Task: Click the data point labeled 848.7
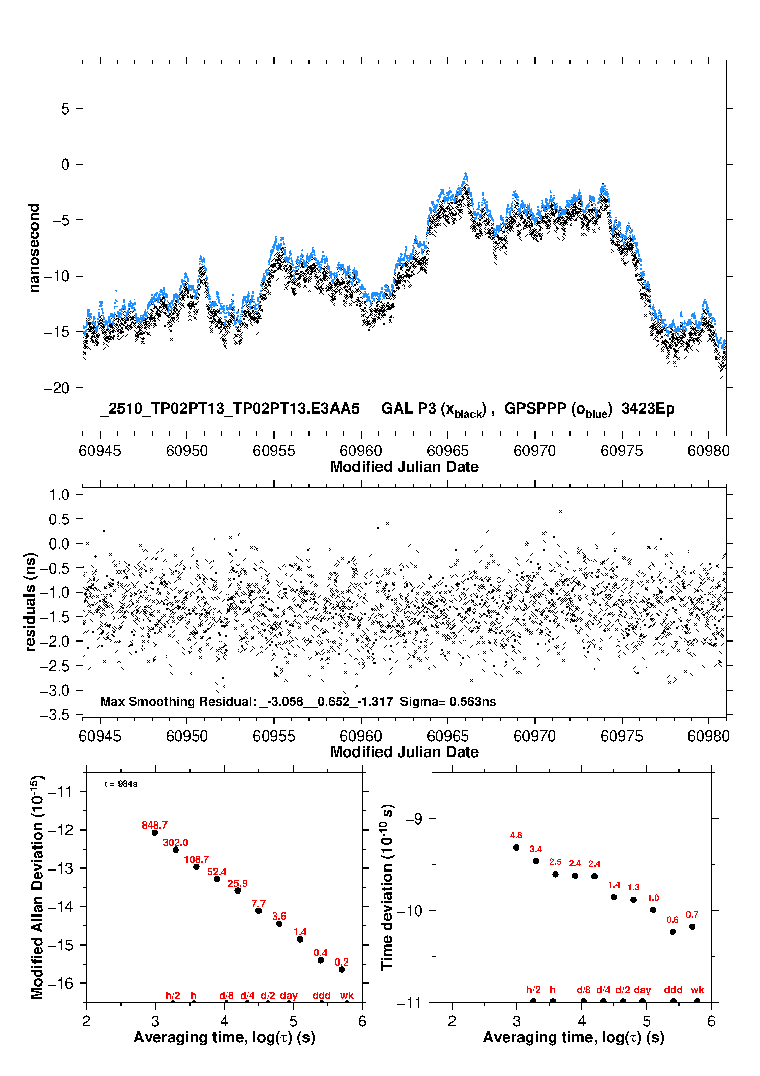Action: pos(155,832)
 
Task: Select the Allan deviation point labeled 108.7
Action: pos(196,866)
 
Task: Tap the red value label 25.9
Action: pos(237,883)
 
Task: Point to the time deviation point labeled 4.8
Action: pos(516,848)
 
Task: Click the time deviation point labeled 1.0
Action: pos(653,910)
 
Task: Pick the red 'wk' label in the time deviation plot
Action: pos(697,990)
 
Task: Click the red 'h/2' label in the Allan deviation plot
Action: pos(173,995)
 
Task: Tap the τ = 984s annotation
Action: pos(121,784)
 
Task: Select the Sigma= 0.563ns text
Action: pos(448,702)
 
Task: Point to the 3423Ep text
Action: pos(648,409)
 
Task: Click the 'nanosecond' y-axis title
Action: pos(34,248)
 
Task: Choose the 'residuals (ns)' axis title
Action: pos(31,602)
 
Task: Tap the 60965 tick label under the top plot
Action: pos(448,451)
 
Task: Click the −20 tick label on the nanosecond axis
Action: pos(56,388)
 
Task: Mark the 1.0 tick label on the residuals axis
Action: pos(59,495)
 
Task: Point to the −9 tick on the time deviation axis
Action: pos(414,819)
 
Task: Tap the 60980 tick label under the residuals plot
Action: pos(709,736)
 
